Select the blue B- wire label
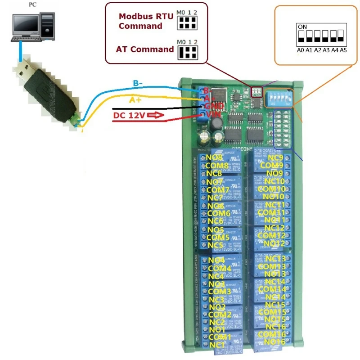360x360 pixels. pyautogui.click(x=138, y=84)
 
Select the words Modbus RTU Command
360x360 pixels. pyautogui.click(x=140, y=21)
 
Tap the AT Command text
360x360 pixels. pyautogui.click(x=144, y=49)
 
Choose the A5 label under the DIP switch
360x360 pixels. pyautogui.click(x=343, y=50)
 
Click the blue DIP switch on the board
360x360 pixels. pyautogui.click(x=278, y=98)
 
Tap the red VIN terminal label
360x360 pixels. pyautogui.click(x=213, y=115)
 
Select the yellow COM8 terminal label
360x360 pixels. pyautogui.click(x=217, y=166)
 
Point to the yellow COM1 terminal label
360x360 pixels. pyautogui.click(x=220, y=337)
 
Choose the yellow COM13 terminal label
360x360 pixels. pyautogui.click(x=272, y=266)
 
